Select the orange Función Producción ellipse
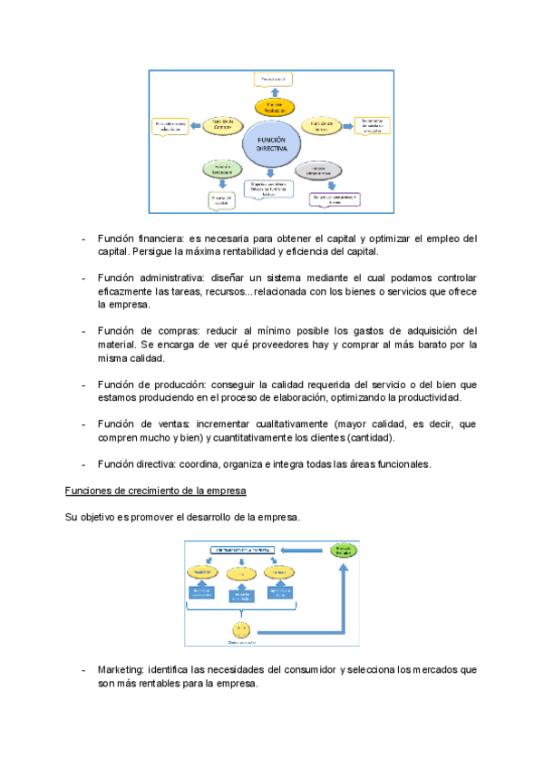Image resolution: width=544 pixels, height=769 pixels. (x=274, y=107)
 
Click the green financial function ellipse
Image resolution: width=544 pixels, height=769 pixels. (x=222, y=169)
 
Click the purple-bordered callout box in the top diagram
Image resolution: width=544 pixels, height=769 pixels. (x=336, y=199)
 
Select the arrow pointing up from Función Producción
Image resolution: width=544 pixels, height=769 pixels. (x=274, y=92)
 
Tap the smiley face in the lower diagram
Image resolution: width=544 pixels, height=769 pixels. (x=241, y=629)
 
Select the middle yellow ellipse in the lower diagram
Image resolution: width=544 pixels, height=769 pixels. (x=241, y=573)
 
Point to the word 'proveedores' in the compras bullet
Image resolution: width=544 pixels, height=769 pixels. (x=301, y=345)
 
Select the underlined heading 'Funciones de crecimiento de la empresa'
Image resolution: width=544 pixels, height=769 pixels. (x=156, y=491)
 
